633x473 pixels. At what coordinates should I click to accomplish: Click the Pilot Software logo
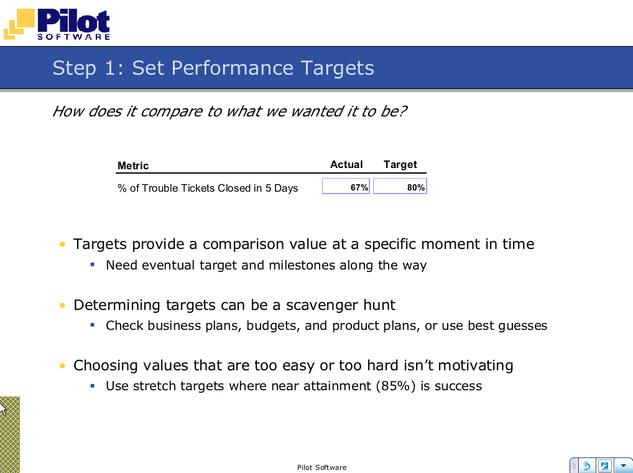click(57, 24)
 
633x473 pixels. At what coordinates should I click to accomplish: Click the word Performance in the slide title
click(232, 67)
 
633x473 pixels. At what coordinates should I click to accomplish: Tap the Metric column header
click(133, 166)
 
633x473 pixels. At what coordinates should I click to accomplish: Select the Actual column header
click(346, 164)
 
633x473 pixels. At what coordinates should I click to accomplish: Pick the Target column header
click(400, 165)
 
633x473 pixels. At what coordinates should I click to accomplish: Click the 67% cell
click(346, 186)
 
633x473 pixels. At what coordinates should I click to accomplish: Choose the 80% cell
click(400, 186)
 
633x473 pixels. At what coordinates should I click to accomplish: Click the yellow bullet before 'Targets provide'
click(62, 245)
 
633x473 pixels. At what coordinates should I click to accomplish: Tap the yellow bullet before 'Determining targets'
click(62, 305)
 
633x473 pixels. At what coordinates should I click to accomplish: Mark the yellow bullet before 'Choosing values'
click(62, 365)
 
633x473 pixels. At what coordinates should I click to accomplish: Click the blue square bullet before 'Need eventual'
click(93, 265)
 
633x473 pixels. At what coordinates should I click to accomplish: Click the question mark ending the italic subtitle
click(402, 111)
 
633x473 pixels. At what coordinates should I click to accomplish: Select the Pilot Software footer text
click(321, 467)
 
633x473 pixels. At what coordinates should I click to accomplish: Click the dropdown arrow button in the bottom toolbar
click(623, 466)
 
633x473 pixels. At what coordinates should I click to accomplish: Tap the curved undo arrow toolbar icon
click(586, 466)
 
